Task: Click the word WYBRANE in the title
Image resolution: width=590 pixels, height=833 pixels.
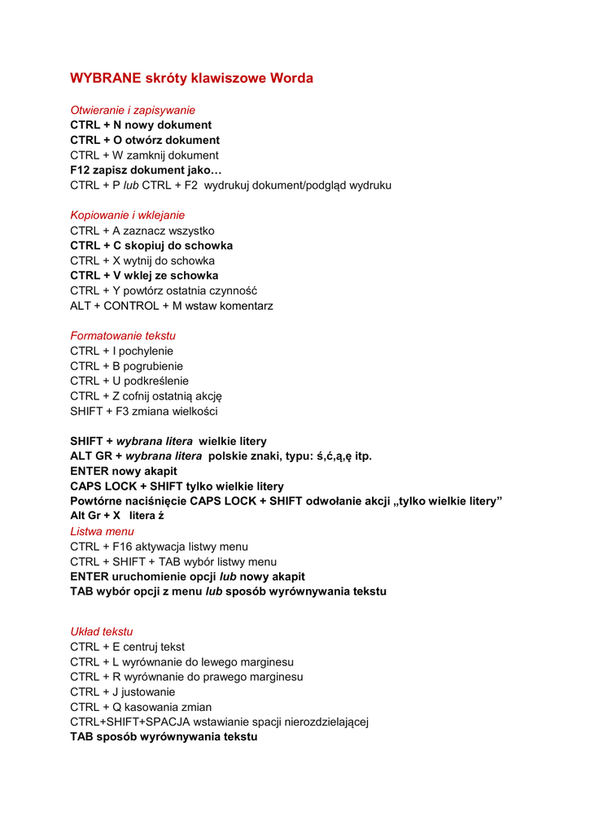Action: [106, 79]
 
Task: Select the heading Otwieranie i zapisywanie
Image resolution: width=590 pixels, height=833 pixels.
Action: [133, 110]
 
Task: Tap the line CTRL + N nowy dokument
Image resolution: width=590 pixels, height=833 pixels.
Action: [141, 125]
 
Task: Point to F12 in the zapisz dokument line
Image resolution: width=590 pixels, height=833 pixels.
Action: [80, 170]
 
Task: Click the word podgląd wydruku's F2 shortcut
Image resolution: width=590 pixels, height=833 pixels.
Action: [190, 185]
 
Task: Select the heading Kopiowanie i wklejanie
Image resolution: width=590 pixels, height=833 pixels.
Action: [127, 216]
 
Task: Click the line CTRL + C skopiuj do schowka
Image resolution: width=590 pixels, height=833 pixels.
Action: [151, 246]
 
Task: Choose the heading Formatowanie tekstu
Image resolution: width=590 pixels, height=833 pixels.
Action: [123, 336]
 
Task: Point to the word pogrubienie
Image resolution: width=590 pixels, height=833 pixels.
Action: [153, 366]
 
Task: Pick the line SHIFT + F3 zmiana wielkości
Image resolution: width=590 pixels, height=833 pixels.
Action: [143, 412]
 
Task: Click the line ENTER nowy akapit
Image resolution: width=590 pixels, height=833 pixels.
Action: [124, 471]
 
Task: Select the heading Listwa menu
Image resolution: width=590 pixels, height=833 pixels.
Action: [103, 531]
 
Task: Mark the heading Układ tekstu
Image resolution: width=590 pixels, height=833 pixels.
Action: [102, 632]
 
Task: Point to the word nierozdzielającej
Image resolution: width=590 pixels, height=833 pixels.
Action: [324, 722]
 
